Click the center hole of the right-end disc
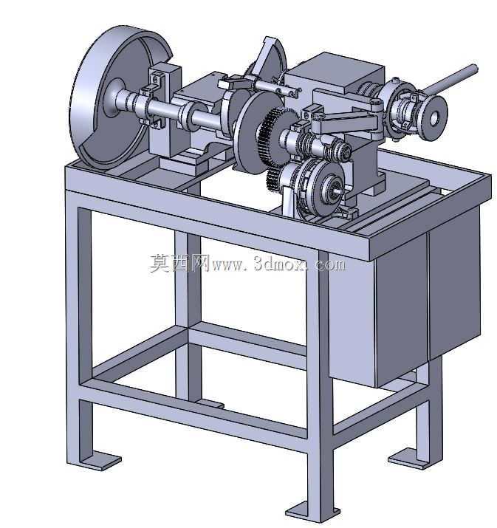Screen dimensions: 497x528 click(x=434, y=117)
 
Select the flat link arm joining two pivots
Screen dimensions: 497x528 click(x=347, y=121)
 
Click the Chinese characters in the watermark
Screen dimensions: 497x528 click(x=180, y=263)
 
